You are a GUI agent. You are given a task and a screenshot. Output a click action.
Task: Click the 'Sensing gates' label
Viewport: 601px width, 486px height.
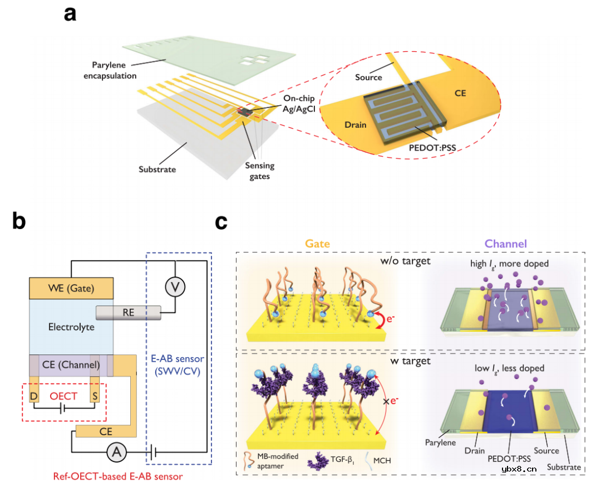[x=260, y=171]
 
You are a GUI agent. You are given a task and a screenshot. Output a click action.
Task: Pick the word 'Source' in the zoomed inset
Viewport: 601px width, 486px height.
[x=368, y=77]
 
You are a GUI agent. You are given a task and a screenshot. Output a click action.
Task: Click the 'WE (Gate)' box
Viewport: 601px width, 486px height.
[x=71, y=288]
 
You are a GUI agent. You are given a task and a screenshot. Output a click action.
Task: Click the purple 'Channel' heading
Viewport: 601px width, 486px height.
[x=505, y=244]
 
